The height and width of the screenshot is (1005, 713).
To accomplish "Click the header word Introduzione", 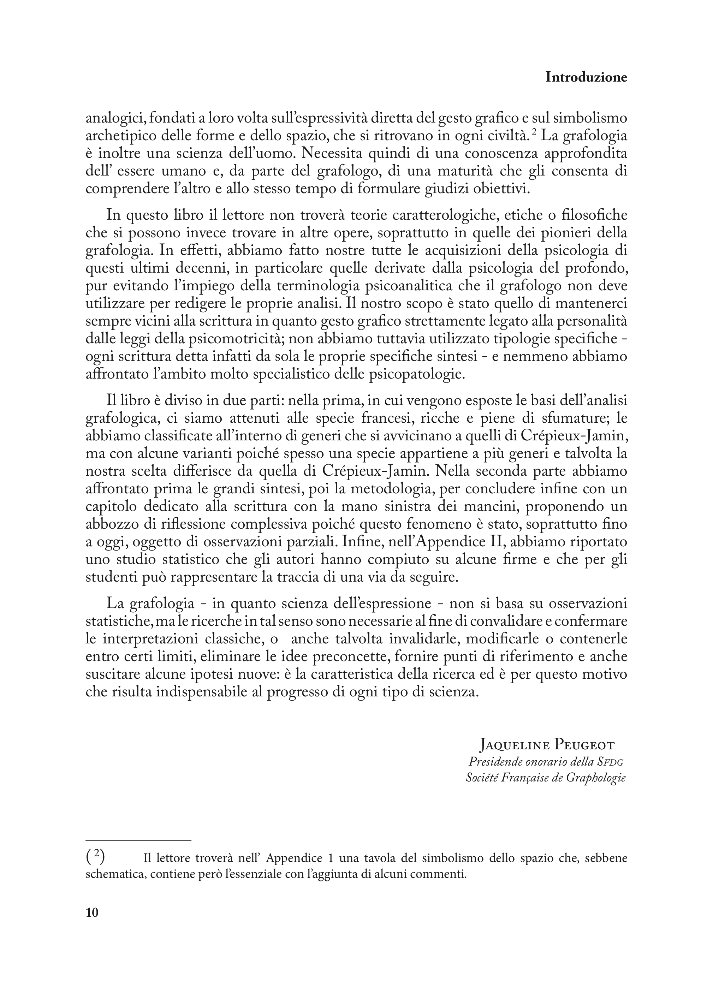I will pos(586,78).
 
